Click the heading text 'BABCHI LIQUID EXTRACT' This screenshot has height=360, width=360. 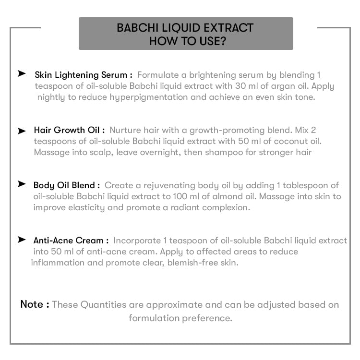[185, 27]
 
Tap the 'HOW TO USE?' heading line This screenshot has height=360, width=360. [185, 41]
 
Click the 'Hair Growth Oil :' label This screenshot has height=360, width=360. [69, 130]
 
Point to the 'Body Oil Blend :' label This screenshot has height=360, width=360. [67, 185]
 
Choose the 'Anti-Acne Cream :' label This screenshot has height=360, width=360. [71, 240]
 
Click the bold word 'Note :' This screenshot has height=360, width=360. [35, 304]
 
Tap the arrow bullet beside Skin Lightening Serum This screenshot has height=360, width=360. [22, 73]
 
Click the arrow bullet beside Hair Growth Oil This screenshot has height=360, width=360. [22, 131]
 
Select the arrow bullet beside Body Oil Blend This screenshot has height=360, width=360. [22, 184]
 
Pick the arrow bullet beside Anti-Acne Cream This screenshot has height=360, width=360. [22, 239]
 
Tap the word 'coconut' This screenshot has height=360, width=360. [275, 141]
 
